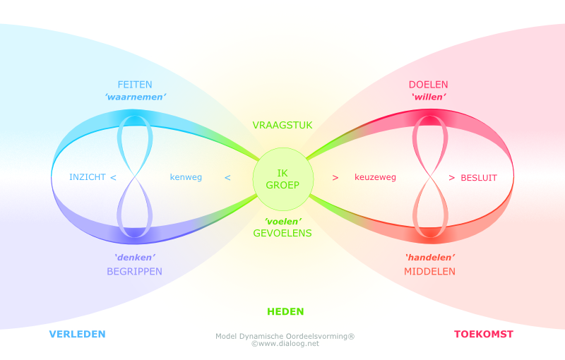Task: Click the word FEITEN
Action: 135,85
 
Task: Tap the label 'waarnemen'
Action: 135,97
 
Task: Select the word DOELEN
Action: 429,85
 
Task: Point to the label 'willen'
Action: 429,97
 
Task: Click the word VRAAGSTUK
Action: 282,126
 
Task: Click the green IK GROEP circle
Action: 282,179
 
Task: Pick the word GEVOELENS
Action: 282,232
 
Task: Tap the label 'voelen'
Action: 282,220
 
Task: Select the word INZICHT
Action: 87,177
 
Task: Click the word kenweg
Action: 186,177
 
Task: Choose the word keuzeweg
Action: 375,177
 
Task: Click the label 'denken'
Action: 135,258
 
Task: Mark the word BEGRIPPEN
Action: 135,271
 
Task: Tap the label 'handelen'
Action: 430,258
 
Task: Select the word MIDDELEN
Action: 430,271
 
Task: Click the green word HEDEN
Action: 285,311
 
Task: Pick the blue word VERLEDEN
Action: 77,334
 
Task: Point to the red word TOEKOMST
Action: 483,334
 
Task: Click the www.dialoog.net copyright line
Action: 285,344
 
